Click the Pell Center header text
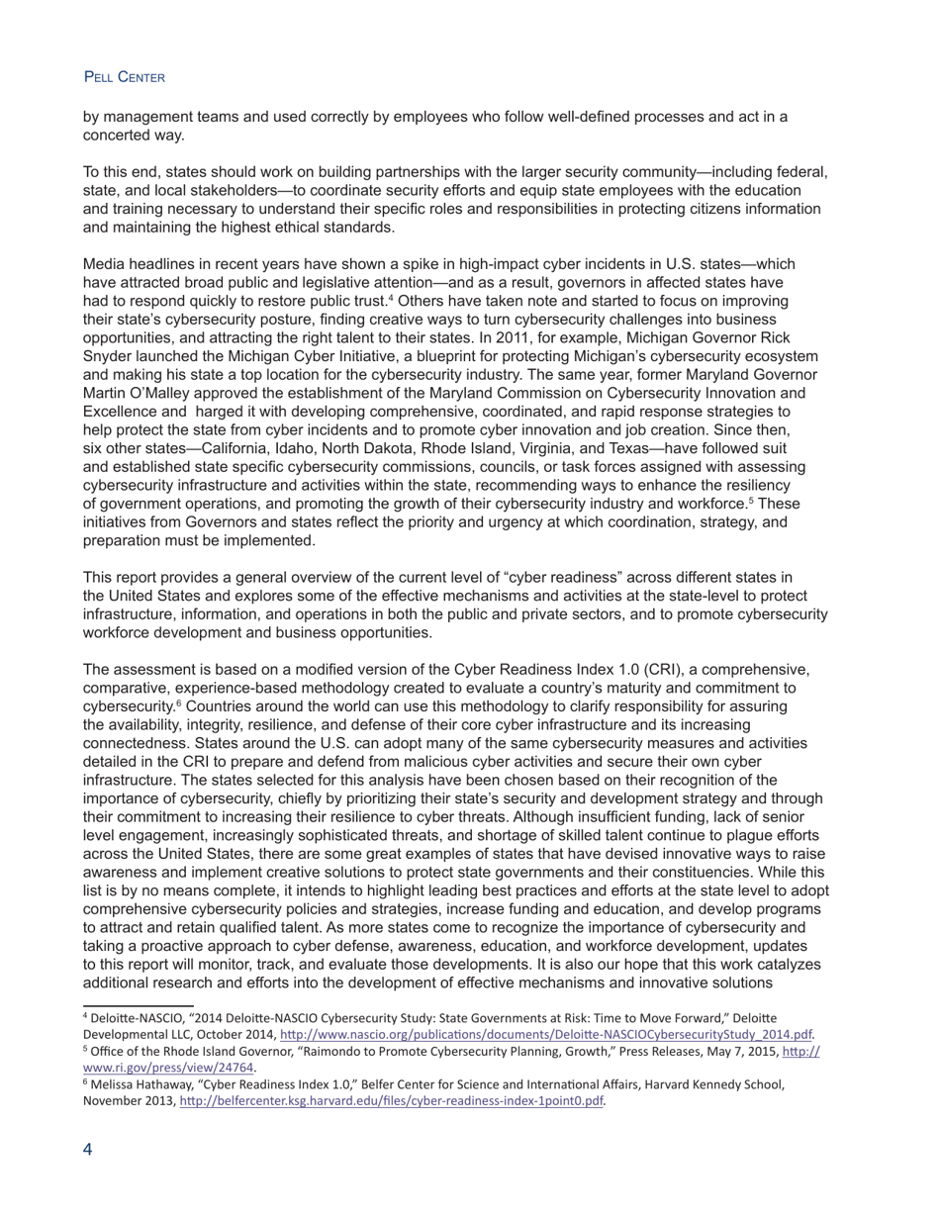(x=125, y=77)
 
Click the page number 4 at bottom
(x=88, y=1149)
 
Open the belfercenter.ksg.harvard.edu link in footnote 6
(x=390, y=1101)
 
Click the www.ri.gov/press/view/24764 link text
(x=168, y=1068)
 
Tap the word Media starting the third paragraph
(x=106, y=264)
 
